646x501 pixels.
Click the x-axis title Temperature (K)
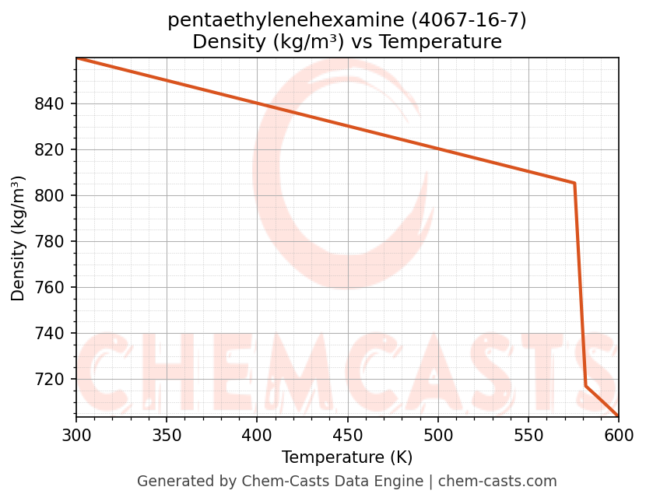pyautogui.click(x=347, y=457)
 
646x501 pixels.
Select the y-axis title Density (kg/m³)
pyautogui.click(x=19, y=238)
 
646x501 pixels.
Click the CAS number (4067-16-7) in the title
pyautogui.click(x=466, y=21)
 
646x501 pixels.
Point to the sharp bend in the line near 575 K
pyautogui.click(x=574, y=183)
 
